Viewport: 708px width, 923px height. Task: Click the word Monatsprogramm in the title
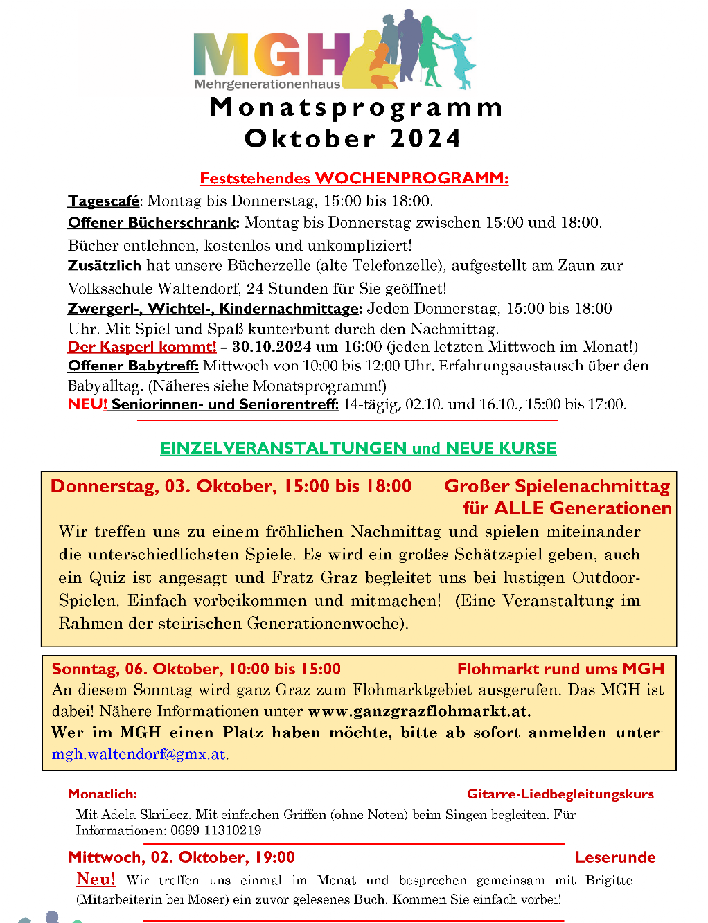tap(356, 107)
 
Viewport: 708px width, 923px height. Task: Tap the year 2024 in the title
tap(425, 138)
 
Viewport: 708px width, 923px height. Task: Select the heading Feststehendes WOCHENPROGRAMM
tap(354, 179)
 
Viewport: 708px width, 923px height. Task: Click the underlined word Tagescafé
tap(103, 201)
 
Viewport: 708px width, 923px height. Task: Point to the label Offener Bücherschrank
tap(153, 223)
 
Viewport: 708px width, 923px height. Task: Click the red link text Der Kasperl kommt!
tap(142, 347)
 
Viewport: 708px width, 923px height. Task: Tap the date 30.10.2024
tap(272, 347)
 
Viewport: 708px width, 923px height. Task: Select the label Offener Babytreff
tap(133, 366)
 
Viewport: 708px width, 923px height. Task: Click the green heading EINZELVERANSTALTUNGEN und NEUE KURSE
tap(358, 449)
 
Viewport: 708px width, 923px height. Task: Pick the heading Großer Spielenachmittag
tap(557, 486)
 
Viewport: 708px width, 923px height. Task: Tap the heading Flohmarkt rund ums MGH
tap(560, 669)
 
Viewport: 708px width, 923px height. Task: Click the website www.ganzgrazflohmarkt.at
tap(419, 711)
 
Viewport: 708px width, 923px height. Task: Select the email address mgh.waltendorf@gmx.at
tap(139, 754)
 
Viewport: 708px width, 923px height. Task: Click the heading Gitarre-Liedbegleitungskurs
tap(560, 794)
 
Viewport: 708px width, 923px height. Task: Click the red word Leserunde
tap(615, 857)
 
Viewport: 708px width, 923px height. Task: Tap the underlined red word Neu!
tap(96, 879)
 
